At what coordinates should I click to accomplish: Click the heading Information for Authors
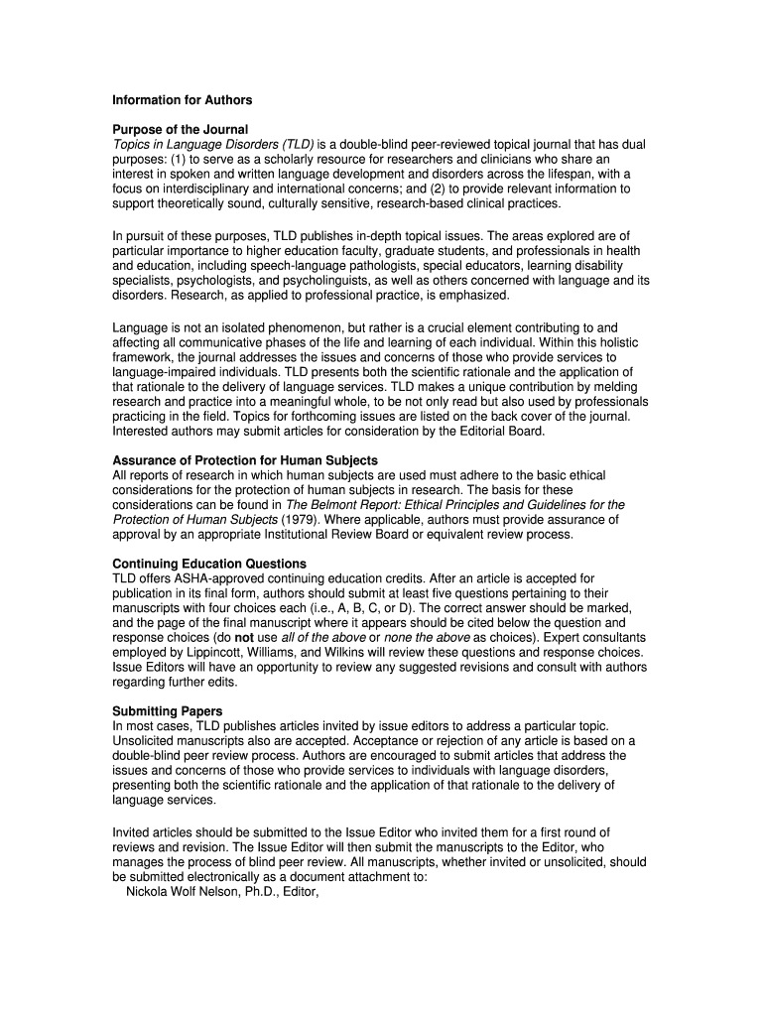tap(182, 100)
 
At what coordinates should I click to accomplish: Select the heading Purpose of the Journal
tap(180, 130)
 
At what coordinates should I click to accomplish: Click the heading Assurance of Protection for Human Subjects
tap(245, 460)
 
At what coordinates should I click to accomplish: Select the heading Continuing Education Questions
tap(209, 564)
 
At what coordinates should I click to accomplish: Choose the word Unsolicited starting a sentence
tap(143, 740)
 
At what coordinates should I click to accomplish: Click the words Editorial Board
tap(497, 431)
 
